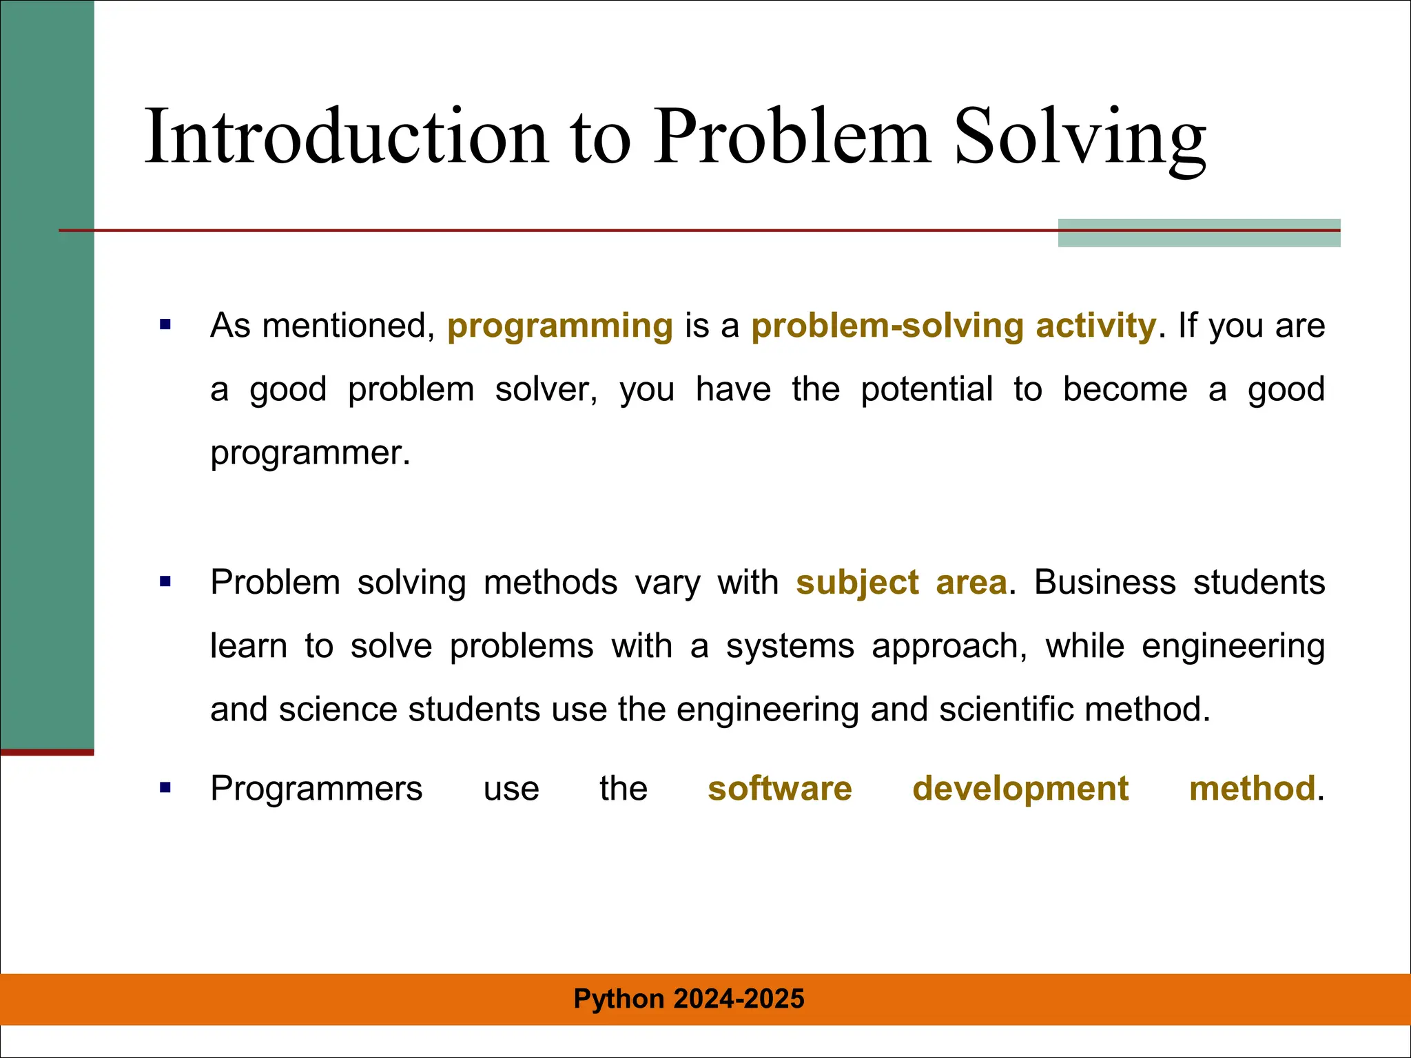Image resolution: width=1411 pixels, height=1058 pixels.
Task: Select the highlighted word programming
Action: pos(559,326)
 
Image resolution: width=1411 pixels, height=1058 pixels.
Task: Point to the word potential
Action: pos(927,389)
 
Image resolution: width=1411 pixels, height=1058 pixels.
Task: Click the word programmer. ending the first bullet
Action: pos(310,453)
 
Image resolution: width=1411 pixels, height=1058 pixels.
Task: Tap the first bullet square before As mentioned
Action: pos(165,324)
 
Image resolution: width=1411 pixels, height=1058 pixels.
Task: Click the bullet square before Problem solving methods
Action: pos(165,582)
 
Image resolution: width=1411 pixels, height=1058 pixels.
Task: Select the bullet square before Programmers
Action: pos(165,787)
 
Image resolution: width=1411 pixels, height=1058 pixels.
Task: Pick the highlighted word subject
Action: pos(857,583)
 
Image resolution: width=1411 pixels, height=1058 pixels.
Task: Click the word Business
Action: pos(1104,583)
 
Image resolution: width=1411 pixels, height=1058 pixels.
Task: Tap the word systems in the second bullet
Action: pos(790,647)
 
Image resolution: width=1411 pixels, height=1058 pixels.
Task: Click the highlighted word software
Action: pos(779,789)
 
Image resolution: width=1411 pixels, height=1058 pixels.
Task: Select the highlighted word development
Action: pos(1020,789)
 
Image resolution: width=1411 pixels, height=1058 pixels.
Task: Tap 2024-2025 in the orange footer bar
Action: pos(739,999)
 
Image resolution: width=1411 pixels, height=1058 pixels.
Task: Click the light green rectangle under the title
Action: pos(1198,238)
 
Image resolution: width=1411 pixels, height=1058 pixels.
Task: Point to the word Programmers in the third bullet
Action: pos(316,789)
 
